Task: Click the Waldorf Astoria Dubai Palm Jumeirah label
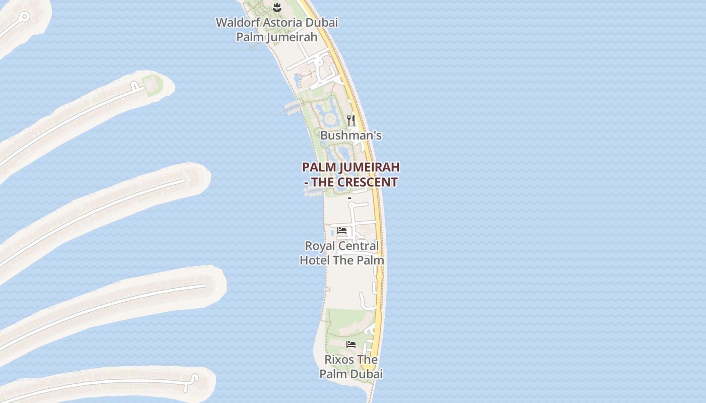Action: click(277, 30)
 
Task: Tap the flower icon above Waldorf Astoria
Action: click(276, 7)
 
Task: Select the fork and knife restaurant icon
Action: click(351, 120)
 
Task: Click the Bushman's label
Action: click(351, 136)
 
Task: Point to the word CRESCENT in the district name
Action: click(368, 182)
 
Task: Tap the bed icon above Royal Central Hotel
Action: click(342, 231)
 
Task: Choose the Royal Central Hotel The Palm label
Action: click(342, 253)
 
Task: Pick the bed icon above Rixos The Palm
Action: click(351, 345)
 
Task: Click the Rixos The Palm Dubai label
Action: click(351, 367)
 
